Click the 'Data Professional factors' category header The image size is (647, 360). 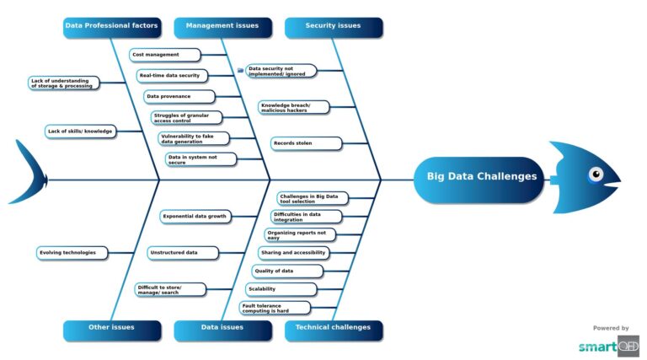point(111,26)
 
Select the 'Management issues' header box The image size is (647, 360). point(222,26)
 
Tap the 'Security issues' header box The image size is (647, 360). point(333,26)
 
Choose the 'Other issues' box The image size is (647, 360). point(111,327)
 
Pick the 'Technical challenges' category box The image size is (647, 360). point(333,327)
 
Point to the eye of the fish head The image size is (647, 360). point(596,175)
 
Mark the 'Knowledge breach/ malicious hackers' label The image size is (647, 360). point(294,107)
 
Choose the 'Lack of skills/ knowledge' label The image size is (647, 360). point(81,132)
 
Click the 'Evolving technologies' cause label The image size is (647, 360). point(72,252)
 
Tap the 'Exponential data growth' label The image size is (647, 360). point(195,217)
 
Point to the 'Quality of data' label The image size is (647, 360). point(287,271)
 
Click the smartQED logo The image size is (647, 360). point(608,346)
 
